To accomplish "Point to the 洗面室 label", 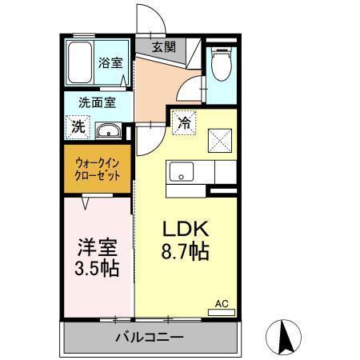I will coord(97,102).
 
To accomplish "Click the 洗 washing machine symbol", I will coord(78,126).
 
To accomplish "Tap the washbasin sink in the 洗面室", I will coord(108,130).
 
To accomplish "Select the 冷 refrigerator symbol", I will coord(184,123).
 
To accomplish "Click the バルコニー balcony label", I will coord(149,337).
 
